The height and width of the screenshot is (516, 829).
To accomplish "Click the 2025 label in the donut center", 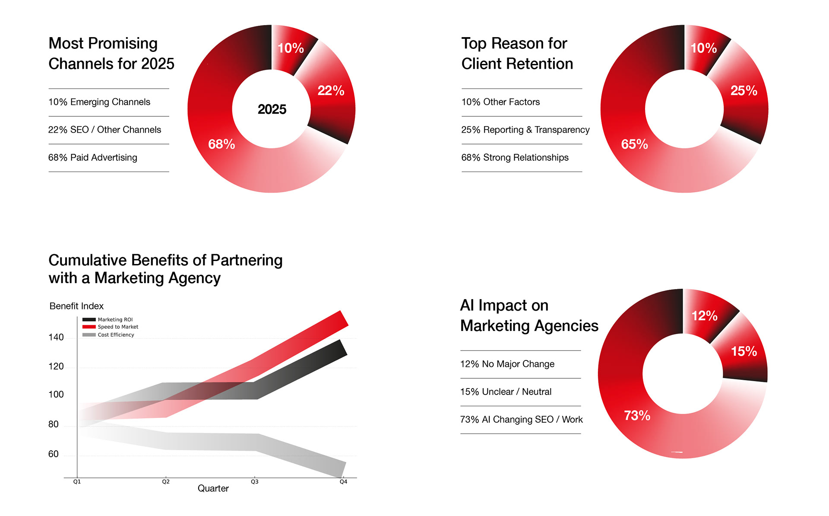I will [x=272, y=109].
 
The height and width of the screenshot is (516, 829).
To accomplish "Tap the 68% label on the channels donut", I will [x=221, y=144].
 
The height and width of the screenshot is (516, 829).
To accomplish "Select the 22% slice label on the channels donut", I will [x=331, y=91].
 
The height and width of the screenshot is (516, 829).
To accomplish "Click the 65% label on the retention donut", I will [x=634, y=144].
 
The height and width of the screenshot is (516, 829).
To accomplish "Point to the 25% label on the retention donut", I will [x=744, y=91].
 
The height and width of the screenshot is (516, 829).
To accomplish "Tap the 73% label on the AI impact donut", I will [x=637, y=416].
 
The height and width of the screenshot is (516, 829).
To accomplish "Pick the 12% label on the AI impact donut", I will [x=704, y=316].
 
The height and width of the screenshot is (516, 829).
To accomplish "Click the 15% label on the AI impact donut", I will [x=744, y=351].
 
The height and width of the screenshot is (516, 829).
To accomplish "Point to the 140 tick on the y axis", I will [x=56, y=338].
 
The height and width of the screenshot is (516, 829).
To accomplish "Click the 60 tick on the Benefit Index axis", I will [x=54, y=454].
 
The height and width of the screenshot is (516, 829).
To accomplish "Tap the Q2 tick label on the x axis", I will [x=166, y=482].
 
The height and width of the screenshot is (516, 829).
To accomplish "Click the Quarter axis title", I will [x=213, y=489].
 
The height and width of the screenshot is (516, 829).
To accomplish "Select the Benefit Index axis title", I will [x=76, y=306].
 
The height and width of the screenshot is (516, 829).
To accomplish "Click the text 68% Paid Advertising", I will [x=93, y=158].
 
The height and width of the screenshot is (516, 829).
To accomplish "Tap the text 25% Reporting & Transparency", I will [x=525, y=130].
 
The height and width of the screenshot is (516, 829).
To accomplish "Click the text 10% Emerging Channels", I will [x=99, y=102].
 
